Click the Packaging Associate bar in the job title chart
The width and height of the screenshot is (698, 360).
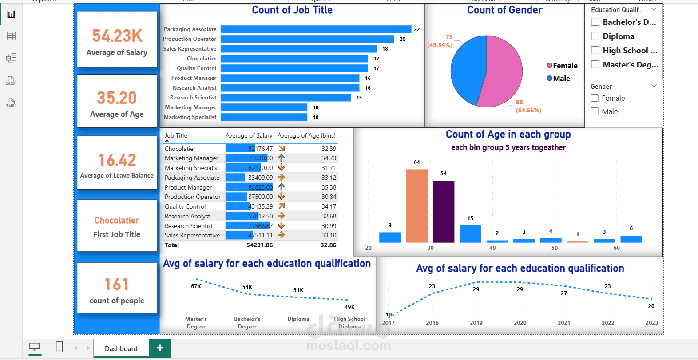[x=316, y=29]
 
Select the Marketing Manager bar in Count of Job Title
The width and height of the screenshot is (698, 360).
[x=264, y=107]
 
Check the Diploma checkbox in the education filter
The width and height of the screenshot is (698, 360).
[x=595, y=36]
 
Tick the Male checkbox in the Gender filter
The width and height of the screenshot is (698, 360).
[x=595, y=111]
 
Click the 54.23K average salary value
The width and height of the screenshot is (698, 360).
[x=117, y=36]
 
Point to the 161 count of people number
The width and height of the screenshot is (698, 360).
[x=117, y=284]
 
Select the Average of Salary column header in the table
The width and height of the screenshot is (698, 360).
[x=249, y=136]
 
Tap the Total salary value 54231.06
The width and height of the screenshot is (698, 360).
[x=259, y=245]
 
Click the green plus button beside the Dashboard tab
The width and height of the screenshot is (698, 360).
[x=160, y=348]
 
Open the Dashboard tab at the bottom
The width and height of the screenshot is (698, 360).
[x=121, y=349]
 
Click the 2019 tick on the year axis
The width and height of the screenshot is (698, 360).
[x=476, y=323]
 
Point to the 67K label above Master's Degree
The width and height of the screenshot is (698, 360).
[x=196, y=286]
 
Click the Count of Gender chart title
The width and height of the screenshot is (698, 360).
[x=504, y=10]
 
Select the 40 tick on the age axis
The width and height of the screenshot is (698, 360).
[x=492, y=248]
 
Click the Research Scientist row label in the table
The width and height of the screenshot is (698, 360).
[x=189, y=226]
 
